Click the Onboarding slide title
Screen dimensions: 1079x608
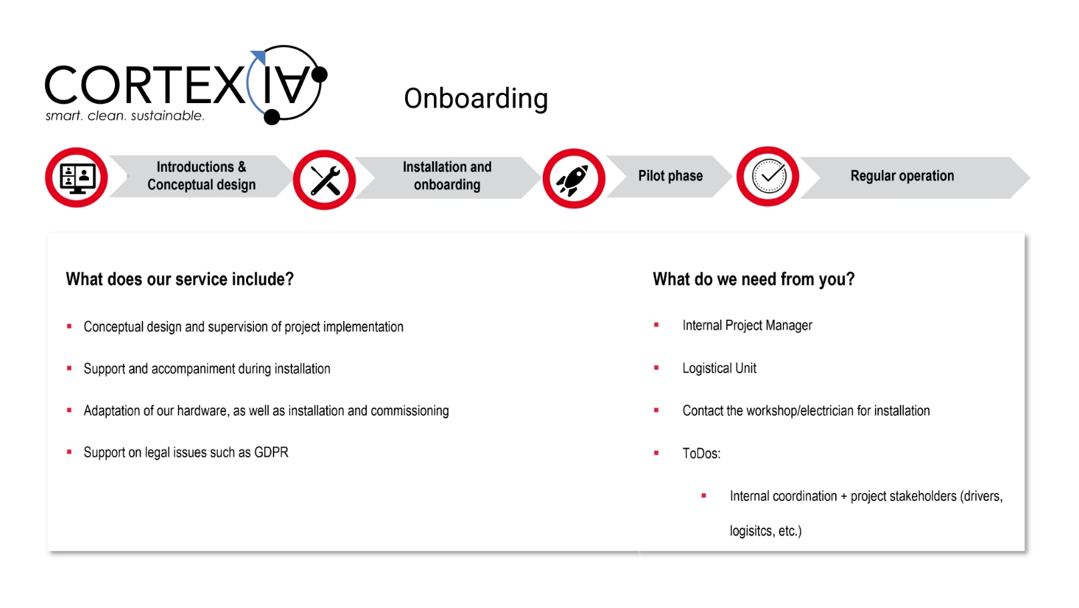pos(476,99)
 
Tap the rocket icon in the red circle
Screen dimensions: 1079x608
pos(573,179)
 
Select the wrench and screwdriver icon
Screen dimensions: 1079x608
pos(325,180)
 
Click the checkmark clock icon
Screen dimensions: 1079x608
pos(769,177)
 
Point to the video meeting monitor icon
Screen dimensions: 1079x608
pos(77,179)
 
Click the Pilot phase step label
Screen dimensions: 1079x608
pos(670,176)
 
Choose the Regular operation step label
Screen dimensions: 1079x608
pos(902,176)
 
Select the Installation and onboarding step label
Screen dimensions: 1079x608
pos(447,176)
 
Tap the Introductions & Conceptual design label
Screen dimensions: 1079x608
pos(201,176)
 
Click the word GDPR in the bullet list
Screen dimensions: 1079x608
pos(271,452)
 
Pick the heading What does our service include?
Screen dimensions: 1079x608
pos(180,279)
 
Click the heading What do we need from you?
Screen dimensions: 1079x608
pos(754,279)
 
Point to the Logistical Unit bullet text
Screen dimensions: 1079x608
pos(719,368)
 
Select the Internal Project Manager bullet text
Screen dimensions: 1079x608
pos(747,326)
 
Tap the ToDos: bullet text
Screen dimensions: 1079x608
pos(701,453)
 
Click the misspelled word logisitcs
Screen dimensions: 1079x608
pos(749,531)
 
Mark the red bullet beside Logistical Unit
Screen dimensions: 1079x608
pos(656,368)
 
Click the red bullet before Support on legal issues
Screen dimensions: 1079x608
pos(70,452)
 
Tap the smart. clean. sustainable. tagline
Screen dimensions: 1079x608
pos(125,116)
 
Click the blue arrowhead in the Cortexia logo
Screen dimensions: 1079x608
pos(259,57)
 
